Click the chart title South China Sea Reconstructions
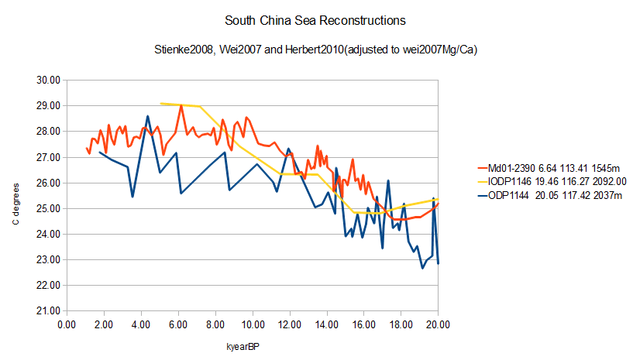coord(317,19)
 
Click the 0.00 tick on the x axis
coord(67,324)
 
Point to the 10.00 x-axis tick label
coord(253,324)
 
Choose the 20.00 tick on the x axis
coord(439,324)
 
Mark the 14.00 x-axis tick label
coord(327,324)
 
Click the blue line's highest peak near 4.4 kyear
coord(148,116)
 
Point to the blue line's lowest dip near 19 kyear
coord(422,268)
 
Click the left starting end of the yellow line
coord(160,103)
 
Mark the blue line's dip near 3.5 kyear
coord(132,197)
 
